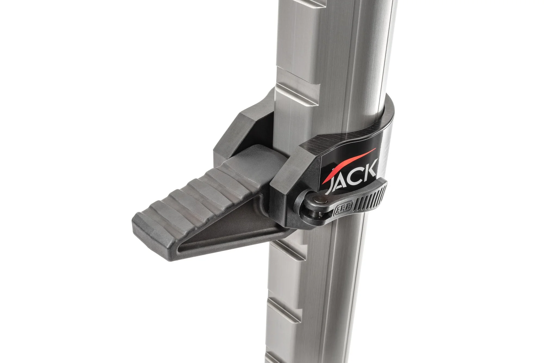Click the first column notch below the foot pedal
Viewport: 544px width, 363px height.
(288, 252)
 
